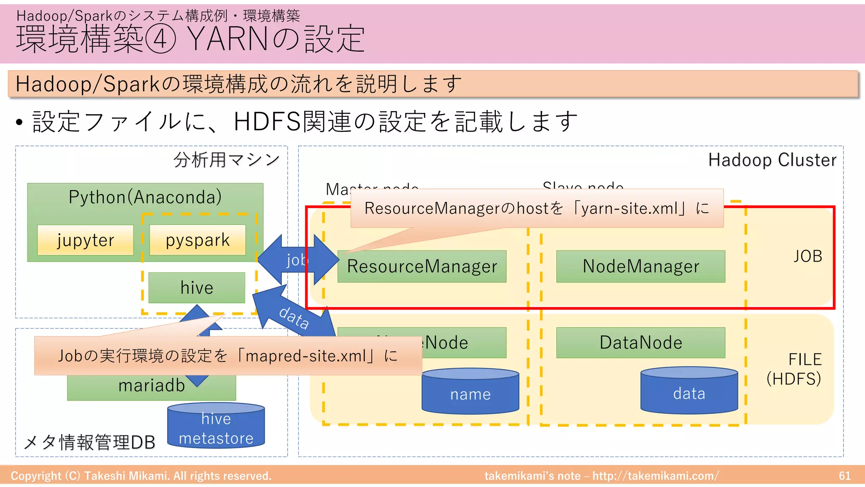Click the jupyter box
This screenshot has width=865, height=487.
(85, 240)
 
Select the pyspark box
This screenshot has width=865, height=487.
(198, 240)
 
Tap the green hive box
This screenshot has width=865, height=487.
(197, 288)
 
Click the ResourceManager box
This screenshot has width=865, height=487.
(422, 266)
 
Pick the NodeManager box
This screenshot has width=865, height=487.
(641, 266)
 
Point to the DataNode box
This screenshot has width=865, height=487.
(641, 342)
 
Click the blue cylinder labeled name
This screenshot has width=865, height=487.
(470, 393)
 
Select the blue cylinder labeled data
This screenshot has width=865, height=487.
(689, 392)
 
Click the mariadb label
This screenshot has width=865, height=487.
(152, 386)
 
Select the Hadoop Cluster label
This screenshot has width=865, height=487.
(772, 160)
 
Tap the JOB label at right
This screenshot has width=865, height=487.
(808, 256)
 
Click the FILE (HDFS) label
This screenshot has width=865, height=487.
(794, 369)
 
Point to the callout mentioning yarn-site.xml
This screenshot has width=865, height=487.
(536, 208)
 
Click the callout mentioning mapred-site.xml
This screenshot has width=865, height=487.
(228, 356)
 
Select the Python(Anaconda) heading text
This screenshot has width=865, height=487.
(145, 197)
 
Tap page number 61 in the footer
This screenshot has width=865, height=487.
(844, 476)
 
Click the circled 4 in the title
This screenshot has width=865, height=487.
(160, 39)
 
